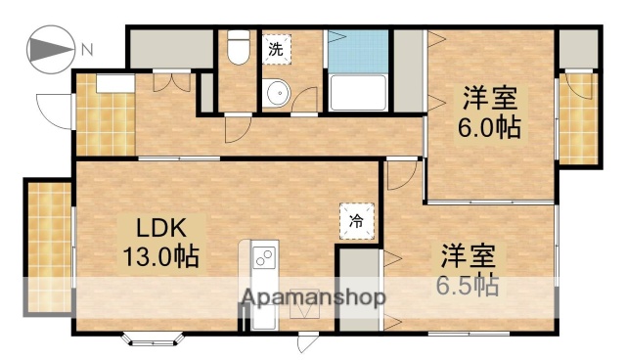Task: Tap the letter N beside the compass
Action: coord(87,48)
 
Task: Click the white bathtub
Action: coord(358,94)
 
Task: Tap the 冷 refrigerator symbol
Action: coord(357,219)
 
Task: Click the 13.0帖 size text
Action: coord(160,257)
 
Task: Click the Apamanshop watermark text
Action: coord(313,297)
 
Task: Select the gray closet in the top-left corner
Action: coord(171,49)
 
